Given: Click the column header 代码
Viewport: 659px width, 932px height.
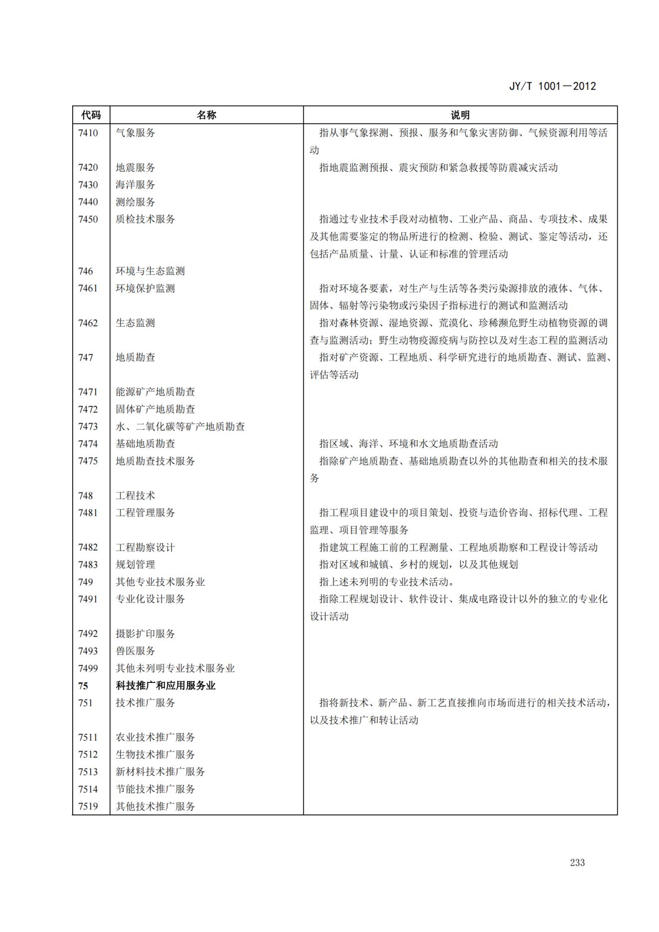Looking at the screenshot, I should point(91,115).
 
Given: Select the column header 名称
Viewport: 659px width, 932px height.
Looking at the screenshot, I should point(206,115).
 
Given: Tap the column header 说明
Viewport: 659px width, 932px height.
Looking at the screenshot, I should point(460,115).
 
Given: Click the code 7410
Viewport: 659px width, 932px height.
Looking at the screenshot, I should point(88,133).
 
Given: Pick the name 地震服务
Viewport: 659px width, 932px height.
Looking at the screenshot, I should point(135,167).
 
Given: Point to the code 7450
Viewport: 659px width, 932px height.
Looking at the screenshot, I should point(88,219).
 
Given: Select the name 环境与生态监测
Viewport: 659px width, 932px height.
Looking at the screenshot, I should point(150,271).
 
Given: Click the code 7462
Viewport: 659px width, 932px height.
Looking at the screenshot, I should point(88,323).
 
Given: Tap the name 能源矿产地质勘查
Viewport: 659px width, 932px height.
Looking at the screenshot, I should point(155,392).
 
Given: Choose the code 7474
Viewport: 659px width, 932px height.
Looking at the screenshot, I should point(88,444).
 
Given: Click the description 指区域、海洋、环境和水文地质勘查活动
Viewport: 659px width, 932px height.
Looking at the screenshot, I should point(408,444).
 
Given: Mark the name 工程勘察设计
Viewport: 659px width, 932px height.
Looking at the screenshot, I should point(145,547).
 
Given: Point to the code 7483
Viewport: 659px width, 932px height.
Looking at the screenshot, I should point(88,564).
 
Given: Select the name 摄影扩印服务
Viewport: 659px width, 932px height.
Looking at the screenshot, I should point(145,634).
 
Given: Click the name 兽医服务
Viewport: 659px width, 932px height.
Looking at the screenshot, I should point(135,651).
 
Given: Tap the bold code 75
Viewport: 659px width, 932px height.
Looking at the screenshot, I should point(83,685).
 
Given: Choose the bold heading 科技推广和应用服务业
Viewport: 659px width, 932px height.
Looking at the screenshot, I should point(165,685).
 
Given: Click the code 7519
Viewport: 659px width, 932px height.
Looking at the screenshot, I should point(88,806).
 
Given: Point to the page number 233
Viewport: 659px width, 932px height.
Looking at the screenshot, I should point(577,863).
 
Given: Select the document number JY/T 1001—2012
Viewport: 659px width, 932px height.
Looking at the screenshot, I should point(552,86).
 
